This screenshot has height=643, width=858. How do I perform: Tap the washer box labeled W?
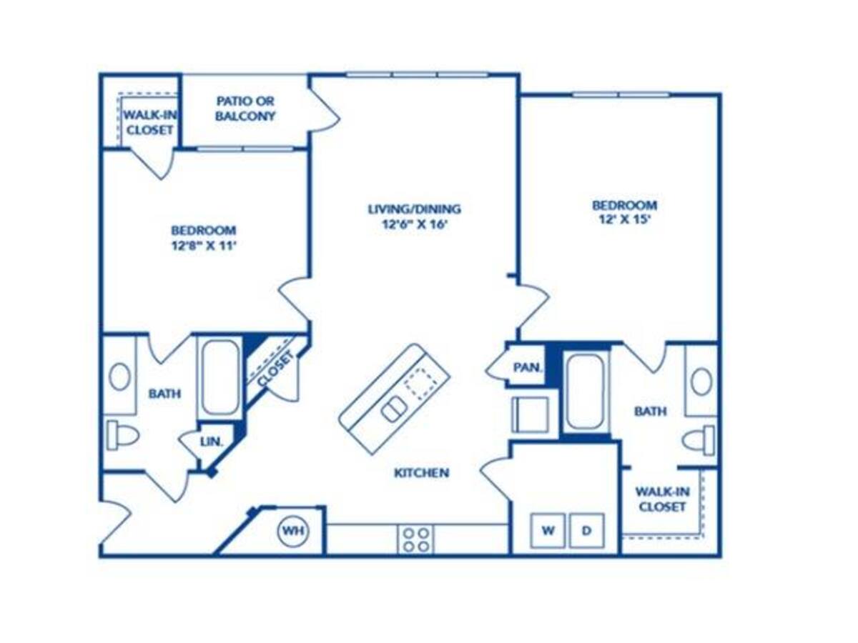tap(548, 531)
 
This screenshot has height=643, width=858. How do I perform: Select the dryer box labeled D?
tap(586, 531)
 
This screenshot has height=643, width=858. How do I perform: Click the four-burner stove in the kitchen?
tap(416, 539)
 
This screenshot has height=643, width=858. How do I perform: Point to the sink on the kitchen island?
tap(393, 410)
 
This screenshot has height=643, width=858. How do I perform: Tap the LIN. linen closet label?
tap(212, 443)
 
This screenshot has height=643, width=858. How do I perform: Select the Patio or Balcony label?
tap(245, 109)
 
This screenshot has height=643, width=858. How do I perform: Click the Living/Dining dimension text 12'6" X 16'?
tap(414, 223)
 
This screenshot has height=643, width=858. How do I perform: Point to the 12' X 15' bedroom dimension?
tap(623, 219)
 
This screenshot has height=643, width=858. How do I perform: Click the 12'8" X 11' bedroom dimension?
tap(203, 244)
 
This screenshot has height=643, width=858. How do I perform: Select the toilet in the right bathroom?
tap(699, 439)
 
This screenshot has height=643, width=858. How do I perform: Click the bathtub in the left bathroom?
tap(220, 378)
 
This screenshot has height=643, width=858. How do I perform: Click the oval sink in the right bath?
tap(701, 381)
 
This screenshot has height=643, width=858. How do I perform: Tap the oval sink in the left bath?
tap(119, 377)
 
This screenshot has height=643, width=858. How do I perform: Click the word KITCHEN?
tap(421, 473)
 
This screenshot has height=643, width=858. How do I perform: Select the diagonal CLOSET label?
tap(275, 369)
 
